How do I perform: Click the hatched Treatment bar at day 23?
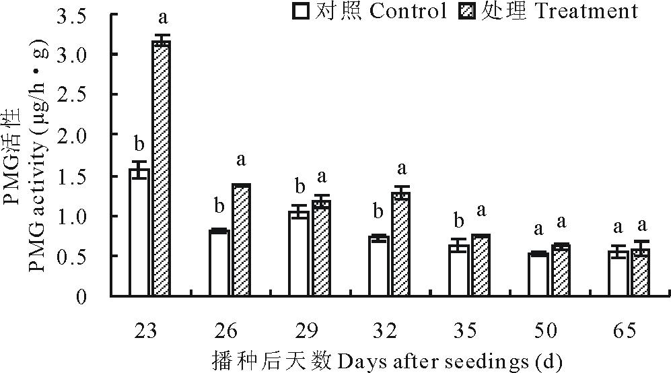coord(161,168)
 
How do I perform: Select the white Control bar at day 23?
coord(139,232)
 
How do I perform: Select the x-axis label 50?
coord(546,331)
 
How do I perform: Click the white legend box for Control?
coord(299,11)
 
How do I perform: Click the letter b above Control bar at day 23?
coord(139,143)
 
